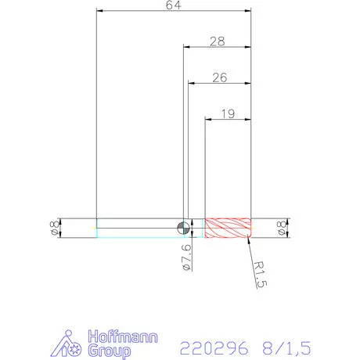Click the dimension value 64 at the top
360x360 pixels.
click(x=173, y=5)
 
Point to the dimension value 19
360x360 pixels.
click(x=228, y=113)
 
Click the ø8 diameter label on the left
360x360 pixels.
click(x=52, y=228)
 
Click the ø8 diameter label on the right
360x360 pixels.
click(x=281, y=228)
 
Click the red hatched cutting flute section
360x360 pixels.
click(x=228, y=228)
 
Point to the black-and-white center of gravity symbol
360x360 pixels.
click(x=183, y=228)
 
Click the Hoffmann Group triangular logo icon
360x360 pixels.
click(x=70, y=344)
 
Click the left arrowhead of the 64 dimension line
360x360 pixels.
click(x=99, y=11)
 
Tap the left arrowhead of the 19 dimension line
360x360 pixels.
click(x=208, y=119)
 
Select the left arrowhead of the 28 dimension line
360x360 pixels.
click(x=186, y=47)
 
